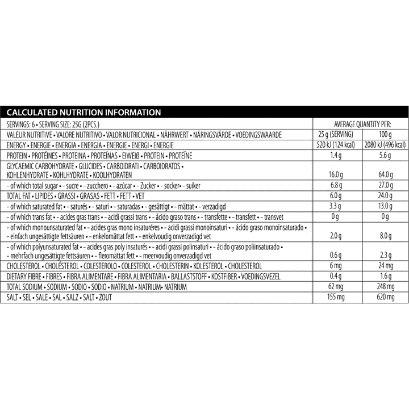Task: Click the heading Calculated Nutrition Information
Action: [84, 112]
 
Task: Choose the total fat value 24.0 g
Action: [384, 196]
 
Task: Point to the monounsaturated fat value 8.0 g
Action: [384, 235]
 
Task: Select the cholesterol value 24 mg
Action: [384, 265]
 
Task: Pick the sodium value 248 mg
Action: [384, 286]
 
